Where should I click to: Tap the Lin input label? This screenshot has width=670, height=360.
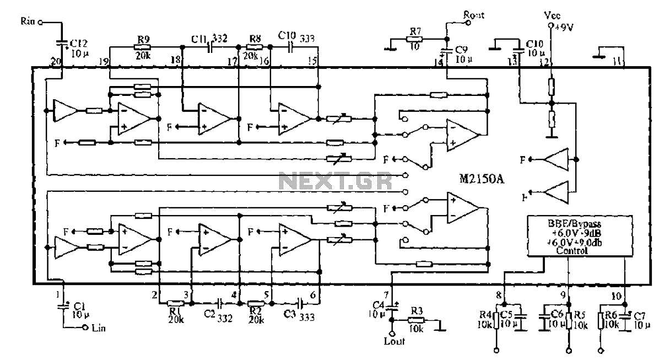tap(99, 329)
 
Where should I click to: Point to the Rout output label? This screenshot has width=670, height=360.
tap(474, 15)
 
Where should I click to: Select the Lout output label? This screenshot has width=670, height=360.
tap(394, 342)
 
